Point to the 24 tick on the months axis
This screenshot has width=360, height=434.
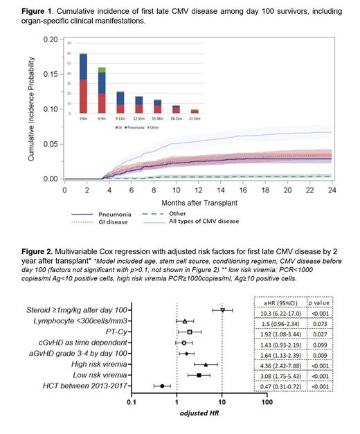click(x=332, y=188)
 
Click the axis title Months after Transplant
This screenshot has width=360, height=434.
click(x=198, y=202)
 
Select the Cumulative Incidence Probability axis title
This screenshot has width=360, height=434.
click(x=32, y=109)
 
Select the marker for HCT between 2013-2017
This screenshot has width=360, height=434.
click(x=162, y=386)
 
